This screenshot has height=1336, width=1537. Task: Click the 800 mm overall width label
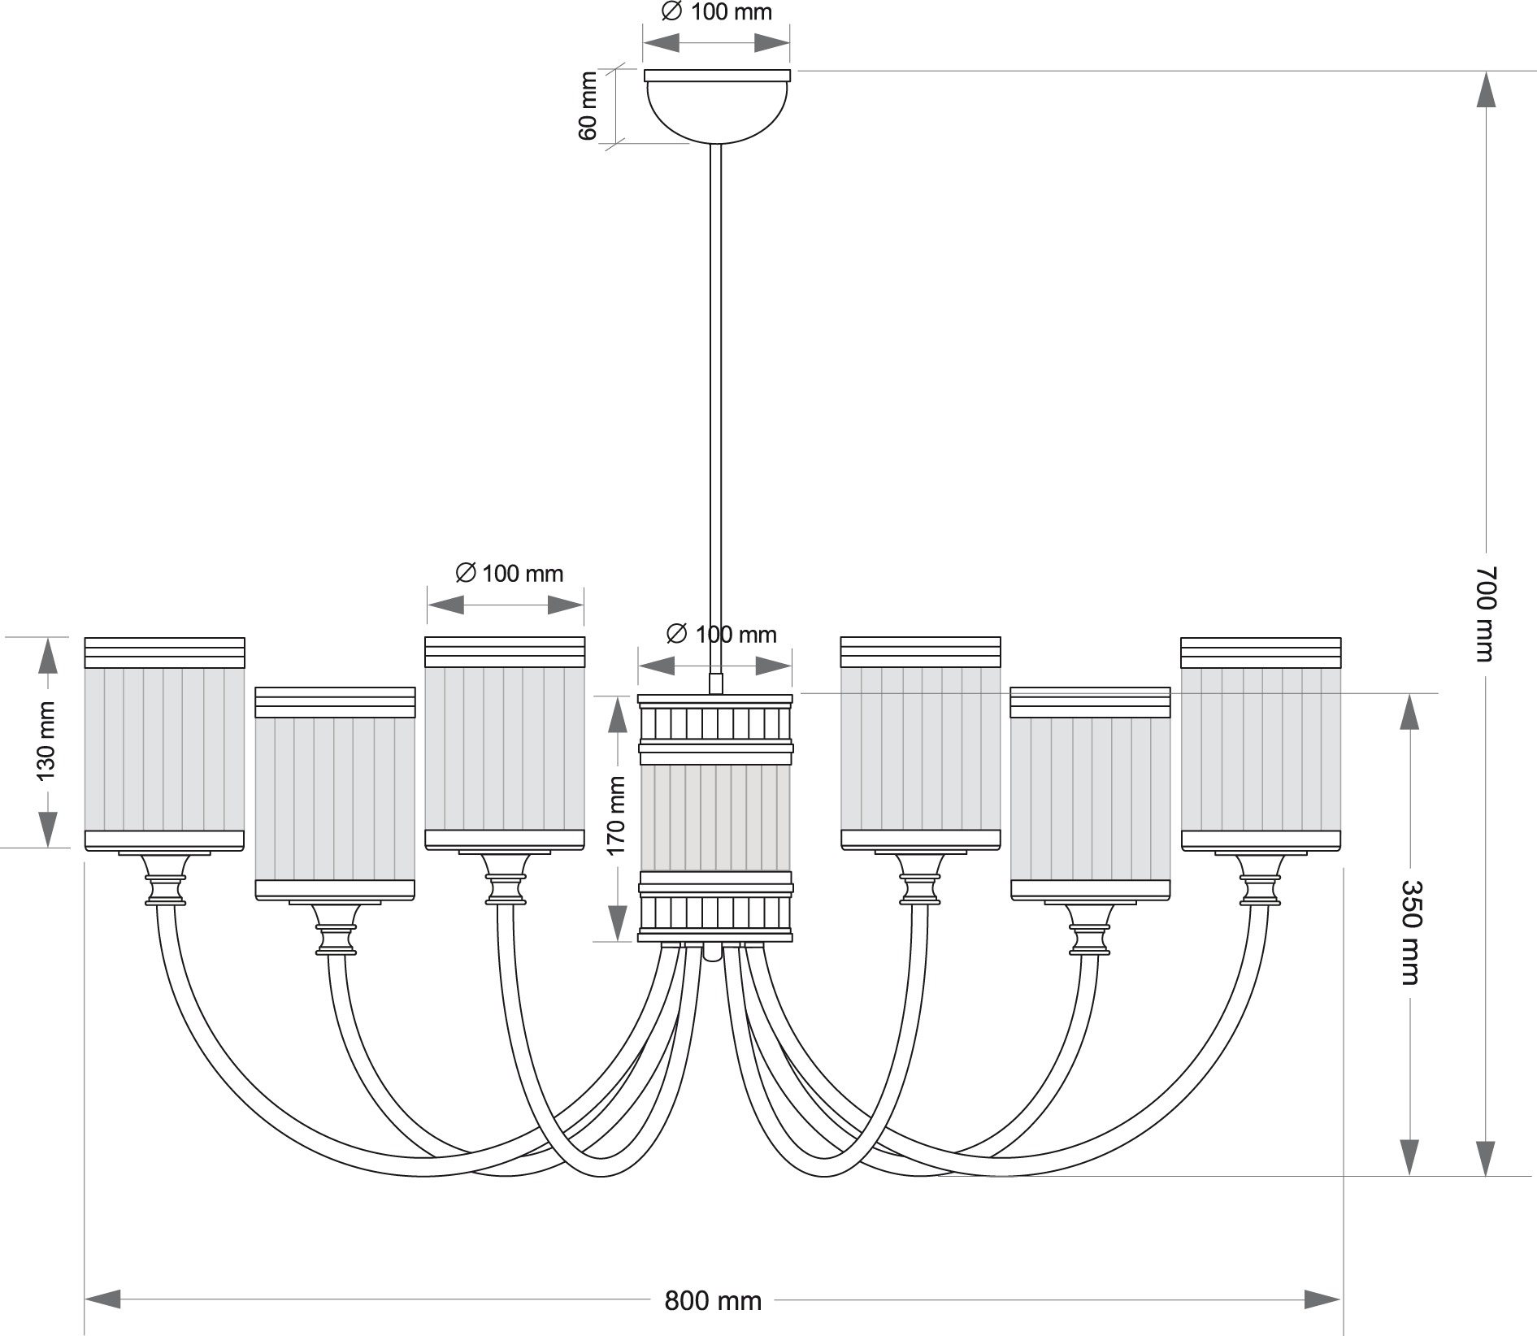pos(713,1301)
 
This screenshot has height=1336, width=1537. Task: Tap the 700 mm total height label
pos(1486,614)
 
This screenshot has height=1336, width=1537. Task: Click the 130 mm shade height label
pos(46,741)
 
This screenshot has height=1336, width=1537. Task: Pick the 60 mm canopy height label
pos(588,106)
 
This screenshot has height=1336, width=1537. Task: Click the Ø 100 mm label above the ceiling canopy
pos(715,12)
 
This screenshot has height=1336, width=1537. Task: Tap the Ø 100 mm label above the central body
pos(720,634)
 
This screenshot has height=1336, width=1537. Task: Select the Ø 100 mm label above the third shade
pos(509,573)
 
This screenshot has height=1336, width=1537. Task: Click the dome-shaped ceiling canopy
pos(716,106)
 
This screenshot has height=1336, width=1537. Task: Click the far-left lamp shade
pos(164,744)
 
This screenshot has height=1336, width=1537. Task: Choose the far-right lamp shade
pos(1261,744)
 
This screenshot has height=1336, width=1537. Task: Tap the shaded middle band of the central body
pos(715,818)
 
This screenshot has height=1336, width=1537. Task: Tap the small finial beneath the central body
pos(712,952)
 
